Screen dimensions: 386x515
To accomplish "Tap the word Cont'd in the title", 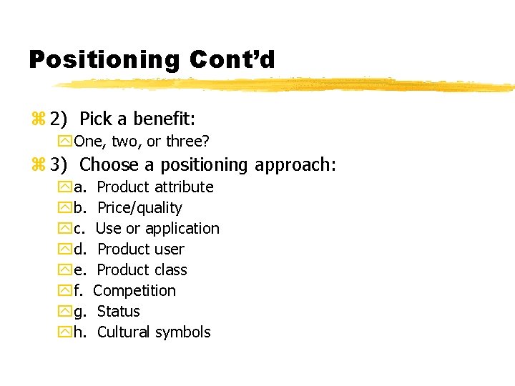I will pos(232,59).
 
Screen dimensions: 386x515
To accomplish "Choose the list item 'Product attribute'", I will pos(154,187).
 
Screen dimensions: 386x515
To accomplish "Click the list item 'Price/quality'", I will pos(139,208).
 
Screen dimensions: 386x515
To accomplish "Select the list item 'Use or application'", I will pos(157,229).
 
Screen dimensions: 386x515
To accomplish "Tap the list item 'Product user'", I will pos(140,249).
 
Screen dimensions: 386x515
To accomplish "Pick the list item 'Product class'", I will pos(142,270).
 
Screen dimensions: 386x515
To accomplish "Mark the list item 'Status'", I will pos(118,312).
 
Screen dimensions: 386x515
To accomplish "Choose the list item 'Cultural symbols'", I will pos(154,332).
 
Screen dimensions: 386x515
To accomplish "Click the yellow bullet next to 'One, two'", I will pos(66,142).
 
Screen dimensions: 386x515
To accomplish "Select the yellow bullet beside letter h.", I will pos(66,332).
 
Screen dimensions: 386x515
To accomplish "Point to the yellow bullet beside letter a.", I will pos(66,188).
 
